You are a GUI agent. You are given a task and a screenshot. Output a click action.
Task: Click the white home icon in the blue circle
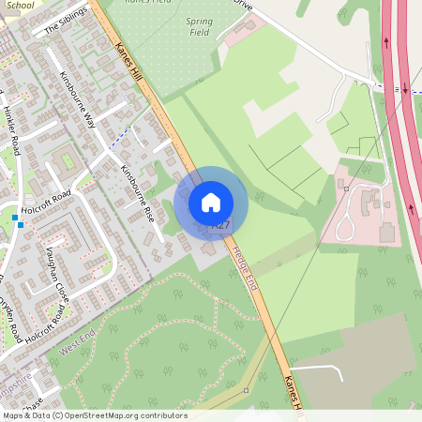(211, 202)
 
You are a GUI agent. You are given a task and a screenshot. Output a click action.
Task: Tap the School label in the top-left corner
(19, 5)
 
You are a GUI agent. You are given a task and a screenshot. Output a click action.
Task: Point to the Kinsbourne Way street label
(78, 99)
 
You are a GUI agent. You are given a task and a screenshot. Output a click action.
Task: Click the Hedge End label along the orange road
(247, 267)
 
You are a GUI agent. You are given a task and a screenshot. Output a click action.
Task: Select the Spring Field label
(199, 26)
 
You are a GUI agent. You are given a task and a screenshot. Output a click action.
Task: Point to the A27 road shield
(220, 226)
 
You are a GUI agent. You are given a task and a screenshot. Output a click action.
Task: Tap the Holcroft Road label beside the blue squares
(47, 198)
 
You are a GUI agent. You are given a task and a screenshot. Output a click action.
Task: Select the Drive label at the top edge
(243, 4)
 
